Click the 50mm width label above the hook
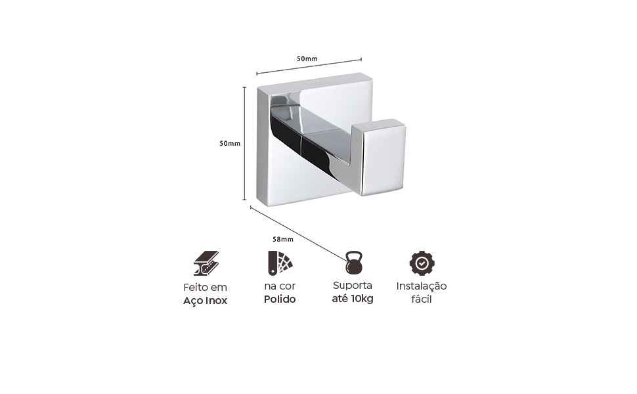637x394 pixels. point(307,58)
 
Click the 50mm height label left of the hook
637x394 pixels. point(230,143)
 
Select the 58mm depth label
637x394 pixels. point(283,239)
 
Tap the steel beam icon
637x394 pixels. point(206,263)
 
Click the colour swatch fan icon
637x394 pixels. point(280,263)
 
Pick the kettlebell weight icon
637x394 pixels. point(354,263)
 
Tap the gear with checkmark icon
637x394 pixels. point(422,263)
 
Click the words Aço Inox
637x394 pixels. point(205,301)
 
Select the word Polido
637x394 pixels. point(280,299)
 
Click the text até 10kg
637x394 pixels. point(353,299)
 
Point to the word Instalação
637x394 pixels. point(422,286)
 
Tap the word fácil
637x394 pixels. point(422,299)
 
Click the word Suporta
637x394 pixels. point(353,286)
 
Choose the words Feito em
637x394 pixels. point(205,287)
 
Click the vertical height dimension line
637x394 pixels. point(244,143)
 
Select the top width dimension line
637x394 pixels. point(309,66)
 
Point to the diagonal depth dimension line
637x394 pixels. point(298,234)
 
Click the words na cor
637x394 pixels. point(280,286)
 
